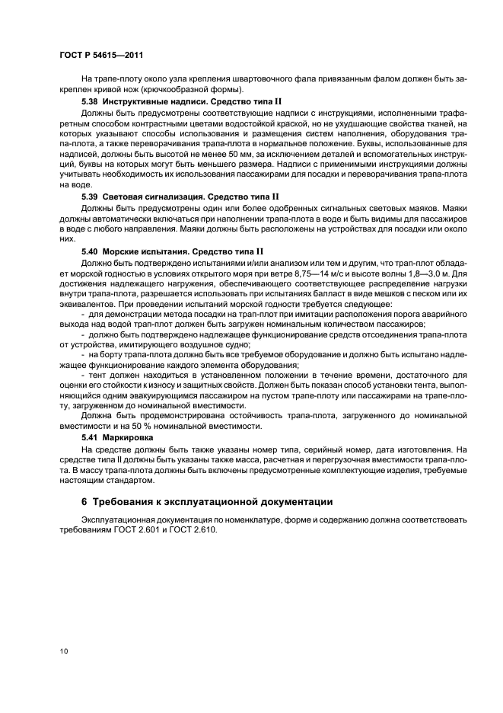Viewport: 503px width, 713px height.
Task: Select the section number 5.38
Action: [x=90, y=101]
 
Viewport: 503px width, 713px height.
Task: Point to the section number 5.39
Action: [x=90, y=196]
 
